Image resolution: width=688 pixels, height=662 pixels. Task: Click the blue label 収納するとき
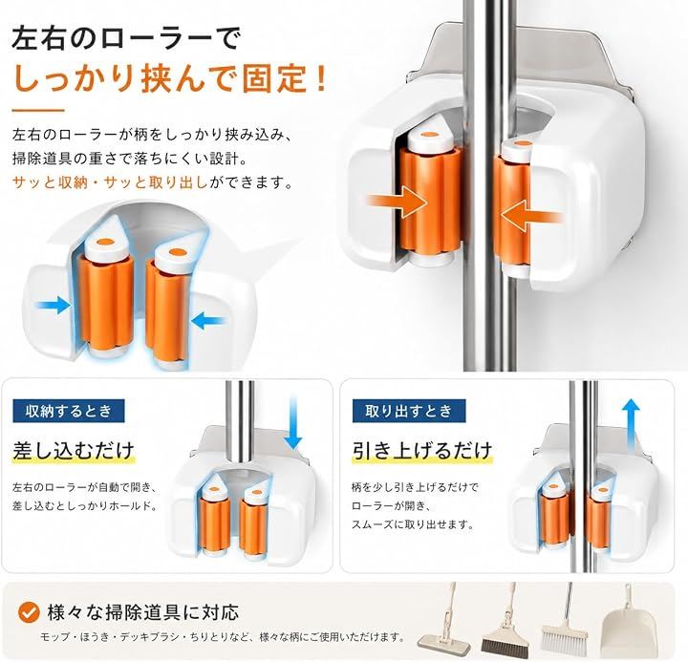(69, 411)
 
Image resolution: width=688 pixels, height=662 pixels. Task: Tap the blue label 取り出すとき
(409, 411)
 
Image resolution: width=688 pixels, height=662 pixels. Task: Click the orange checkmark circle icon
(29, 612)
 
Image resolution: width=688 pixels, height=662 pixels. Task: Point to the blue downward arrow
(292, 422)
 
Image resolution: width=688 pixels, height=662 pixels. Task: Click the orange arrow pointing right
(398, 201)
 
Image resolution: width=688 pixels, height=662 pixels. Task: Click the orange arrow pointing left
(531, 216)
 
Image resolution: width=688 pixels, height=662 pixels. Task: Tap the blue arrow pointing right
(54, 305)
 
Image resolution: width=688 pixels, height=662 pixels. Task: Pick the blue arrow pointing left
(209, 321)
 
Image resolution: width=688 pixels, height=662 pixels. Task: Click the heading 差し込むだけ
(74, 451)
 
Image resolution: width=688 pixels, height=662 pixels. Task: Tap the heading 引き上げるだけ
(422, 451)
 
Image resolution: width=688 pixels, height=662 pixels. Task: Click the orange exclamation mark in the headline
(321, 78)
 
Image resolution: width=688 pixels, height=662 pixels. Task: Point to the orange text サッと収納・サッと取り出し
(111, 182)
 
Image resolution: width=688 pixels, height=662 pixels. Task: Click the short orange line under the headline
(38, 111)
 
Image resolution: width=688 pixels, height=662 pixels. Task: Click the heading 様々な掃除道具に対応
(142, 612)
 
